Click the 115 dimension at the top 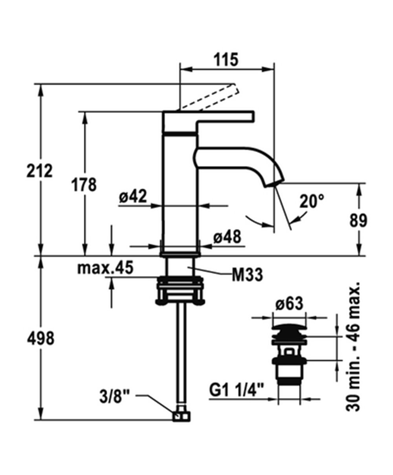pos(226,60)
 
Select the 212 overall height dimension pos(40,171)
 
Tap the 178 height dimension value pos(84,184)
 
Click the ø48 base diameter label pos(228,237)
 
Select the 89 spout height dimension pos(358,220)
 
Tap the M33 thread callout pos(248,274)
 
